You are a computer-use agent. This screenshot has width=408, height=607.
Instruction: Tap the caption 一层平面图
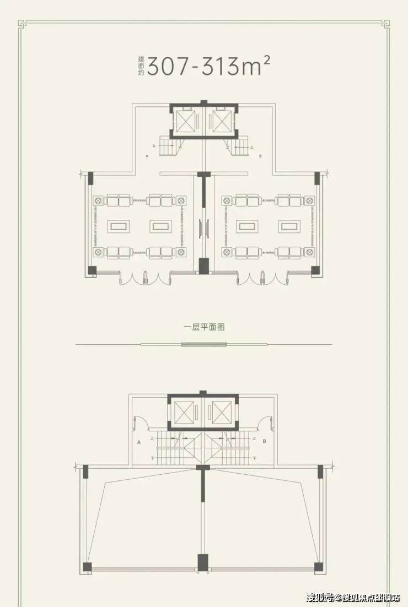204,327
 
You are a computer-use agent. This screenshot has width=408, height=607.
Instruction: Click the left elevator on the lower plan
184,411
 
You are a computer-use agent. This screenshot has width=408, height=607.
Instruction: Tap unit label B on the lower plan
265,442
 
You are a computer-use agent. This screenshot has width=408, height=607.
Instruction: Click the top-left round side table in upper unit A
99,199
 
